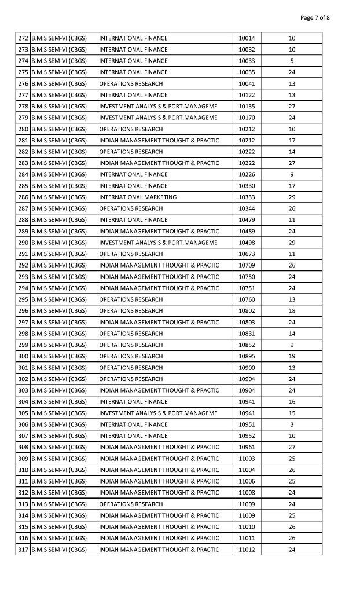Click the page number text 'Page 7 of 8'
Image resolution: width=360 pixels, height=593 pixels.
pyautogui.click(x=315, y=17)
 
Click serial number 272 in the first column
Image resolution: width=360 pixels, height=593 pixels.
pyautogui.click(x=23, y=38)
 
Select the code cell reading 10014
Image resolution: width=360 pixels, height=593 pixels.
pyautogui.click(x=247, y=38)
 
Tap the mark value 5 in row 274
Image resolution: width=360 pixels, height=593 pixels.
pyautogui.click(x=292, y=61)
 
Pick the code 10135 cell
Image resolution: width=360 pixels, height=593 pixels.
pyautogui.click(x=247, y=107)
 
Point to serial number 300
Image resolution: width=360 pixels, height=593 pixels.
pyautogui.click(x=23, y=356)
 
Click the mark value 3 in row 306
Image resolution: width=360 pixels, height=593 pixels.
pyautogui.click(x=292, y=424)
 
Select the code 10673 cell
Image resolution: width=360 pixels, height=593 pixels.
pyautogui.click(x=247, y=254)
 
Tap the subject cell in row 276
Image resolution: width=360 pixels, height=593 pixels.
pyautogui.click(x=131, y=84)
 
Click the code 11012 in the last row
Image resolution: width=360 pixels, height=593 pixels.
pyautogui.click(x=247, y=550)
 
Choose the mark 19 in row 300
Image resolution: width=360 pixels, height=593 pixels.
pyautogui.click(x=292, y=356)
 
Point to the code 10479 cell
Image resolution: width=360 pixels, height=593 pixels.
pyautogui.click(x=247, y=220)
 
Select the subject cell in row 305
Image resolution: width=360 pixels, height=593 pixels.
pyautogui.click(x=158, y=413)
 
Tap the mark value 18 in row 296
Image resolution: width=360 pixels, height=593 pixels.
pyautogui.click(x=292, y=311)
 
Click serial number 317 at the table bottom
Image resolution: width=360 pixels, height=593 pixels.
pyautogui.click(x=23, y=550)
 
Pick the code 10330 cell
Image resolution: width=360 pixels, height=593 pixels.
pyautogui.click(x=247, y=186)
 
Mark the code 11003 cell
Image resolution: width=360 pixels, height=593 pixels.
pyautogui.click(x=247, y=459)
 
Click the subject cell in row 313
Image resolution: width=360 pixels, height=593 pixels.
pyautogui.click(x=131, y=504)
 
